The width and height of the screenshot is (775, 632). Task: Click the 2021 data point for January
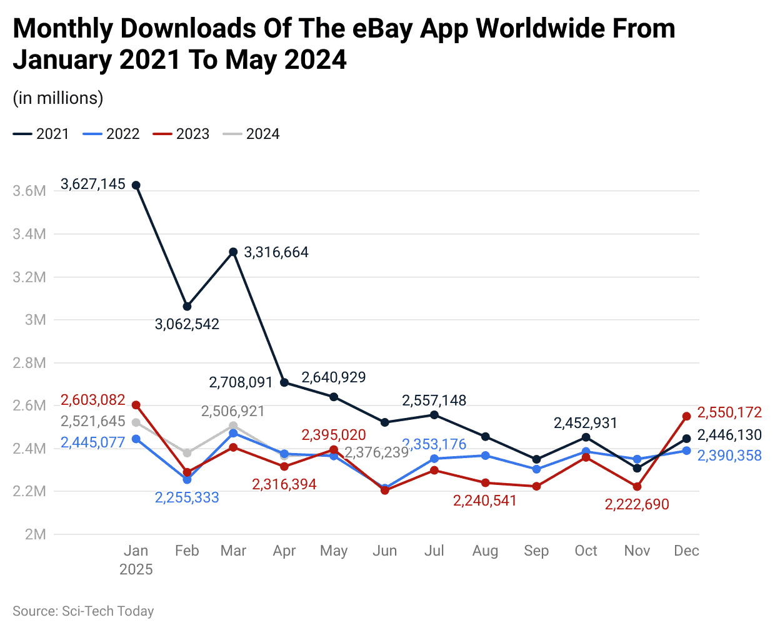click(x=136, y=185)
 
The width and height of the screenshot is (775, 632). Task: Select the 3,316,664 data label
click(x=276, y=252)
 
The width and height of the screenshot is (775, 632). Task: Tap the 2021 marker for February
click(x=187, y=307)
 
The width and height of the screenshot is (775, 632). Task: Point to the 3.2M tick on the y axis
click(x=29, y=277)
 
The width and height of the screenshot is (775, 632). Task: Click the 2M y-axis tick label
click(x=35, y=534)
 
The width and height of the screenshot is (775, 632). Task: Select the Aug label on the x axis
click(x=485, y=551)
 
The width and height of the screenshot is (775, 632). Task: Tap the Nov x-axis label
click(x=637, y=551)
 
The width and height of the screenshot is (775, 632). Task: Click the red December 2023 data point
click(x=686, y=416)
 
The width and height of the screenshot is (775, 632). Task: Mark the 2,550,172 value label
click(x=729, y=412)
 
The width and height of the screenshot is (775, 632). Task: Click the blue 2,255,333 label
click(x=187, y=497)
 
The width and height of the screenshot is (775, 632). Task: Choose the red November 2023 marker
click(x=637, y=486)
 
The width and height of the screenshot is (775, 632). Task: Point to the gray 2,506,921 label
click(x=232, y=411)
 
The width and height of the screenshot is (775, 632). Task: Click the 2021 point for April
click(x=284, y=382)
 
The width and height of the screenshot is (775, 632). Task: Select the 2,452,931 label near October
click(x=585, y=423)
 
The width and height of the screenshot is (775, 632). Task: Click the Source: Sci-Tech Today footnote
click(x=83, y=611)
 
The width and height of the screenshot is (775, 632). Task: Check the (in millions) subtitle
click(x=58, y=98)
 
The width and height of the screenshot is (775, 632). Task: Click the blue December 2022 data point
click(x=686, y=451)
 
